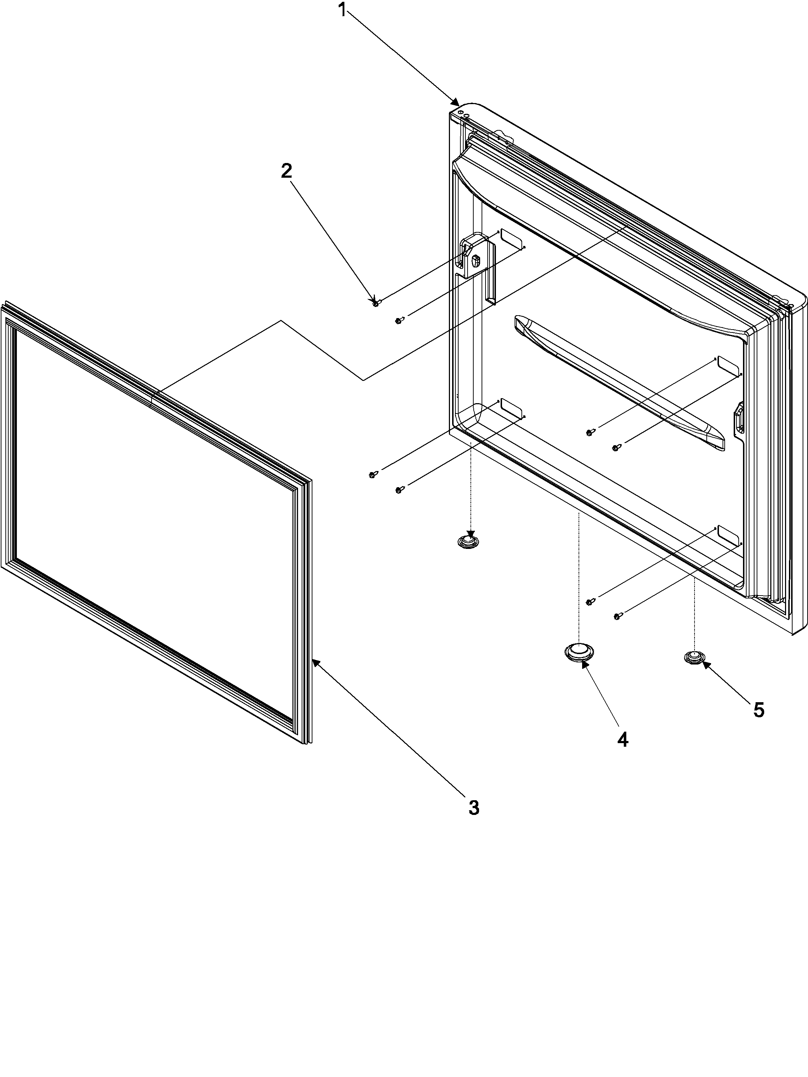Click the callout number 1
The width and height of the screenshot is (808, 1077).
pyautogui.click(x=343, y=9)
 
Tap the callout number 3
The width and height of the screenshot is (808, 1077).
pyautogui.click(x=473, y=808)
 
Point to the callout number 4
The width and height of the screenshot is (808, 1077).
pyautogui.click(x=622, y=740)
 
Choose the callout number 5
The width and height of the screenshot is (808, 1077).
pyautogui.click(x=758, y=710)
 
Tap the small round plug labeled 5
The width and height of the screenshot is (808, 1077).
pyautogui.click(x=694, y=657)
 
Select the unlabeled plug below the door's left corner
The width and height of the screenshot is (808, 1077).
pyautogui.click(x=468, y=541)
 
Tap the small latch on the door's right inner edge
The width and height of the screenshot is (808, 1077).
pyautogui.click(x=738, y=417)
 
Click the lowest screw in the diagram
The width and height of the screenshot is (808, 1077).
pyautogui.click(x=617, y=617)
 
